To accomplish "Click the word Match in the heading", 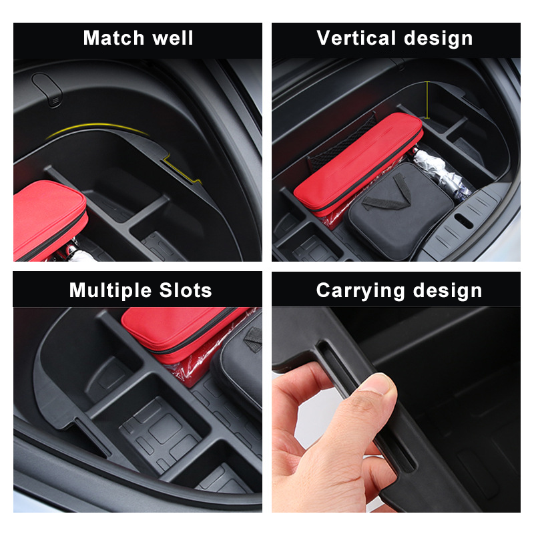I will (x=111, y=38).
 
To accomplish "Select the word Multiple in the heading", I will (x=109, y=290).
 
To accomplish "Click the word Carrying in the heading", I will (x=360, y=290).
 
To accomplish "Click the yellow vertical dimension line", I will (x=427, y=100).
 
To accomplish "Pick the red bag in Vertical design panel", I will (x=357, y=160).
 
